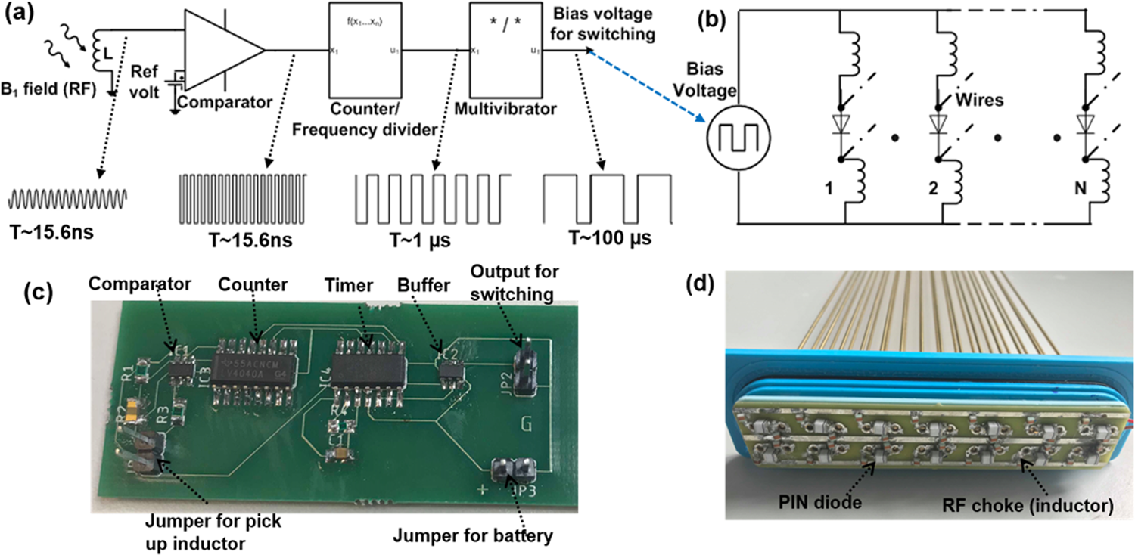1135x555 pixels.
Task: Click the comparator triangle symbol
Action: (219, 51)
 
